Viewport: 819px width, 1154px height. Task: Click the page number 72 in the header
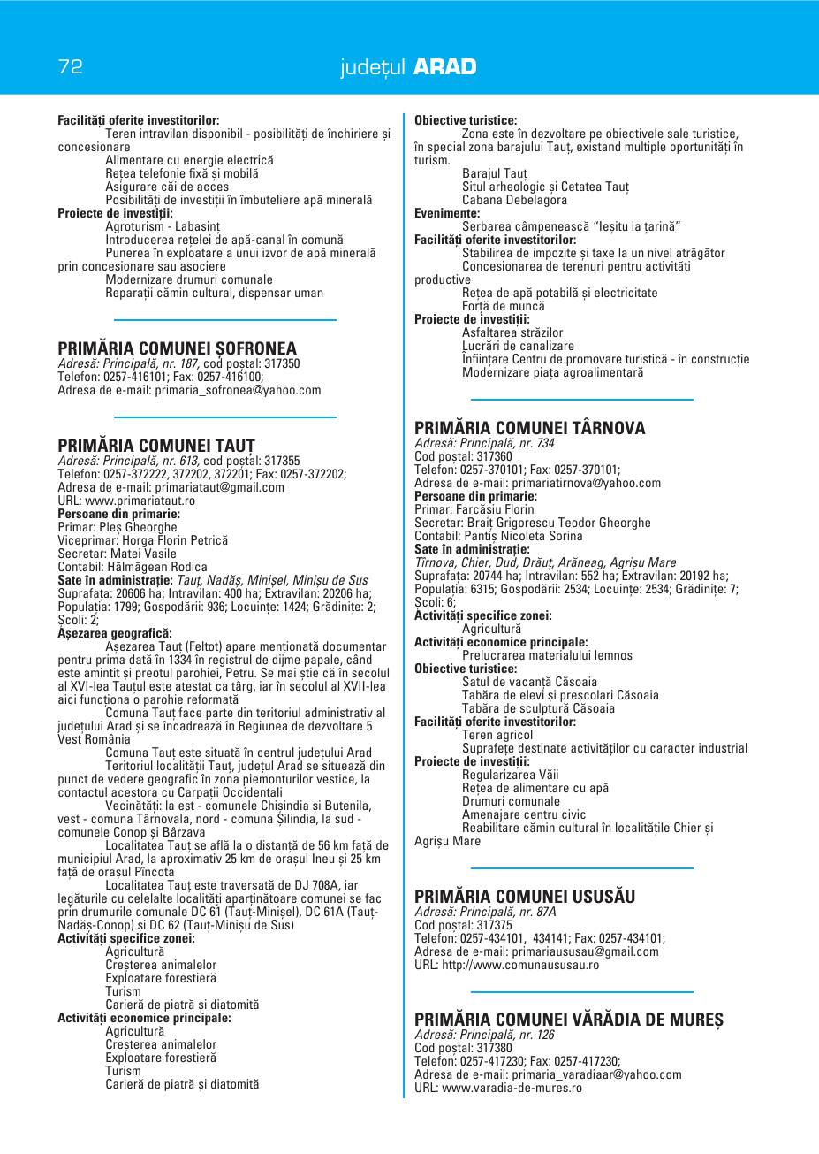pos(71,66)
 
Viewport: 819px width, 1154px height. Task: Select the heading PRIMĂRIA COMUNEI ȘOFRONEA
pos(177,348)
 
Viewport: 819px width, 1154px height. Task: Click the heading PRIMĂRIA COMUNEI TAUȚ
pos(155,446)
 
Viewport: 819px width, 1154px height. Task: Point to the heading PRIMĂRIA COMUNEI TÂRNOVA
pos(529,428)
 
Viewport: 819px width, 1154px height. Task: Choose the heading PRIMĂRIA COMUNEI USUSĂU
pos(524,897)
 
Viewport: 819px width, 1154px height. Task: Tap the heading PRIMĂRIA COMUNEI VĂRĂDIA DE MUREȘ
pos(568,1020)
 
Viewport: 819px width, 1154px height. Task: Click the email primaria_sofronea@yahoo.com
pos(238,390)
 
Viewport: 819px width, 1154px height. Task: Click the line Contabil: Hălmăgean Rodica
pos(132,567)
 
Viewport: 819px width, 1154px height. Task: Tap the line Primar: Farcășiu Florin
pos(474,509)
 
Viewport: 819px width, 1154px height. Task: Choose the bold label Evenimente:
pos(447,213)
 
